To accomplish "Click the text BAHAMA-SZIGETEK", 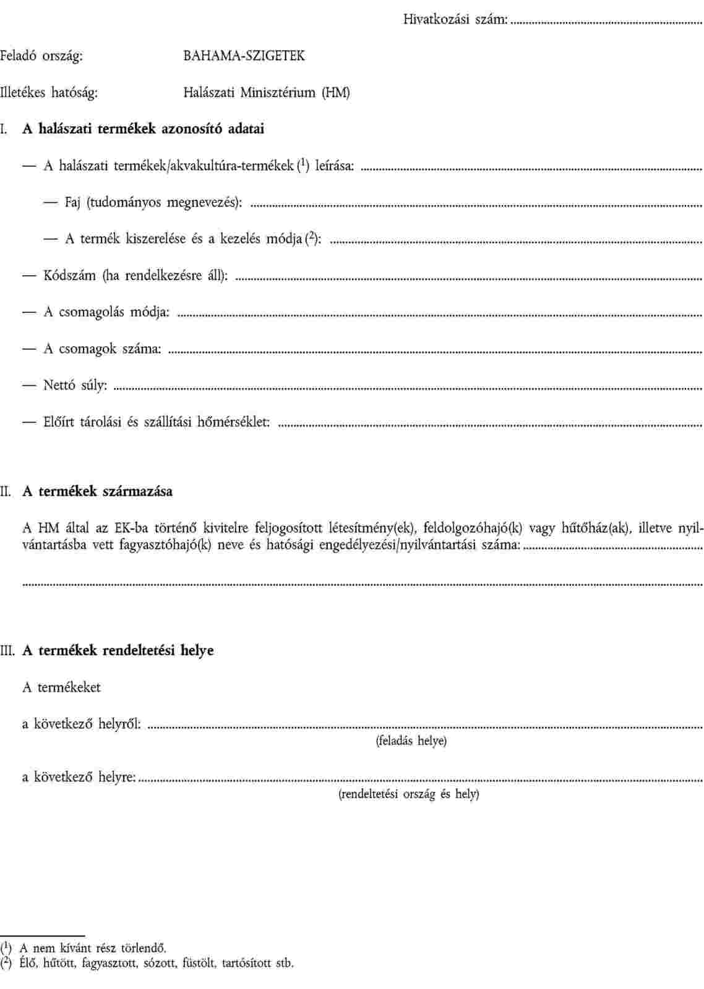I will click(244, 56).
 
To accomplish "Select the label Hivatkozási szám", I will click(455, 19).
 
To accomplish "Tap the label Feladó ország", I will click(41, 56).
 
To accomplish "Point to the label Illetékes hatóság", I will click(49, 93).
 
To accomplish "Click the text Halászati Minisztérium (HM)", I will click(267, 93).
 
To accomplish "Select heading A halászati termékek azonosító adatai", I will click(144, 129).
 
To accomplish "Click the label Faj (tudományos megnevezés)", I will click(153, 203).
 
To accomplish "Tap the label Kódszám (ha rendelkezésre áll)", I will click(135, 276).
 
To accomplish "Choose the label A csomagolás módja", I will click(106, 312).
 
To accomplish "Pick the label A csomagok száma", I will click(102, 349).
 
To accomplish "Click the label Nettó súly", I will click(75, 386).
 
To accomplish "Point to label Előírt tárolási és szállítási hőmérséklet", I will click(156, 422).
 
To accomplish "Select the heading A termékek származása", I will click(98, 491).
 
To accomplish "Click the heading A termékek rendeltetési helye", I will click(118, 650).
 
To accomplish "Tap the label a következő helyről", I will click(82, 723).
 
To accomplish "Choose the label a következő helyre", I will click(79, 777).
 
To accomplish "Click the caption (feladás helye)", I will click(411, 741).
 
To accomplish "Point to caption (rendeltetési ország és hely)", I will click(409, 794).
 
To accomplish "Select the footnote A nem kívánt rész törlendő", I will click(92, 948).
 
